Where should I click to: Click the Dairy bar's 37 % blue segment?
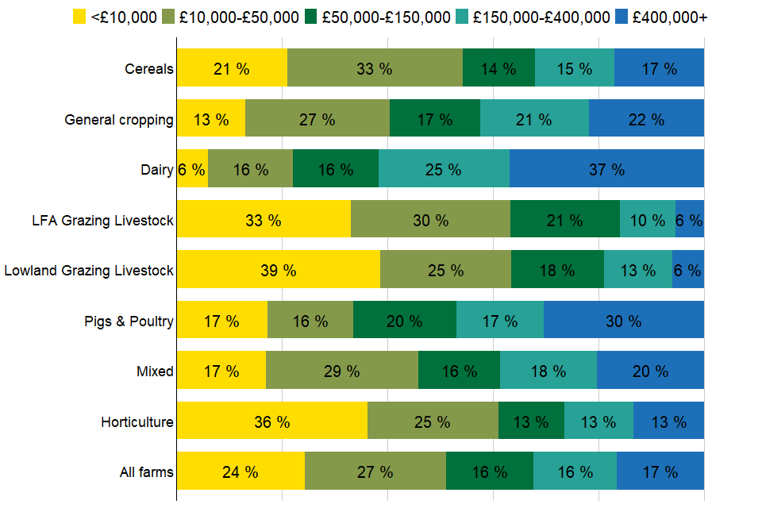coord(606,169)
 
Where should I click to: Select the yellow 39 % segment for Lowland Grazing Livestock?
coord(278,270)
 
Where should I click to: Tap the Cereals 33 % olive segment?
coord(375,68)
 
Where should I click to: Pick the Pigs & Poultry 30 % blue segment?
coord(623,321)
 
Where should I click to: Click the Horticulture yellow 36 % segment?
coord(271,421)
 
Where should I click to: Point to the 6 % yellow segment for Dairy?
coord(192,169)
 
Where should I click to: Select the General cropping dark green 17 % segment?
coord(434,119)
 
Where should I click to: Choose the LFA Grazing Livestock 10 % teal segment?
coord(647,220)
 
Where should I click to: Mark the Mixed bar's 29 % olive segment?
coord(341,371)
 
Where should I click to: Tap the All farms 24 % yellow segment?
coord(240,471)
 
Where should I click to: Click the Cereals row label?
coord(148,69)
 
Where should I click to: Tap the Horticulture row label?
coord(137,421)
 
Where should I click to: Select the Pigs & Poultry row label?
coord(129,321)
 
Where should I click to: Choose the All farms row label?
coord(146,472)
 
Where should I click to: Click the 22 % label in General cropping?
coord(645,119)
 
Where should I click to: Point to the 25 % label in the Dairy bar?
coord(443,169)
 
